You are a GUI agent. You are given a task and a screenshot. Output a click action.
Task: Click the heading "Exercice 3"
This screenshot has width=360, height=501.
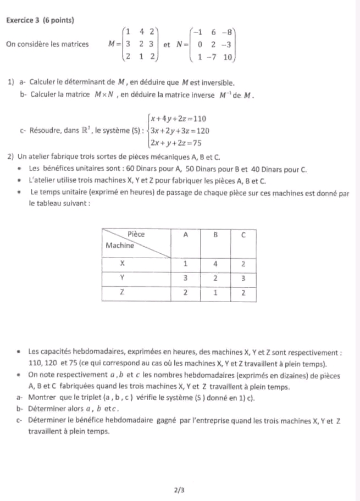[x=24, y=20]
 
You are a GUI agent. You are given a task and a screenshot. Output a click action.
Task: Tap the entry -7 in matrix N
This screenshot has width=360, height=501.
[x=213, y=57]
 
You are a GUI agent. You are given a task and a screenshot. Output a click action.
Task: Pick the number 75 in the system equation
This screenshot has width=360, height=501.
[x=195, y=143]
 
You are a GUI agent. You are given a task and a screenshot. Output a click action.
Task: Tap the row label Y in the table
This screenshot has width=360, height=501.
[x=122, y=278]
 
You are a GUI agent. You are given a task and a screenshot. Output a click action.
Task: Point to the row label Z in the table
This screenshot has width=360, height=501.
[x=122, y=293]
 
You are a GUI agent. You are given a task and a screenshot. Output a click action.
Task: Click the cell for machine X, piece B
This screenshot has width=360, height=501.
[x=215, y=263]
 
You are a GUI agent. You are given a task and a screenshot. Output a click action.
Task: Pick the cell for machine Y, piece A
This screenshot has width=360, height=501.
[x=186, y=278]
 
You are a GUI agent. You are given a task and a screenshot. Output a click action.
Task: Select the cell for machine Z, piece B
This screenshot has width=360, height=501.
[x=215, y=293]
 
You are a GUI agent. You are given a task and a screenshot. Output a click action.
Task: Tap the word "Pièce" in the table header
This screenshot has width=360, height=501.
[x=136, y=234]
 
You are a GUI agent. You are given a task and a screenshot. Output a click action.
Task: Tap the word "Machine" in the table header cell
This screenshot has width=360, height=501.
[x=119, y=245]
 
